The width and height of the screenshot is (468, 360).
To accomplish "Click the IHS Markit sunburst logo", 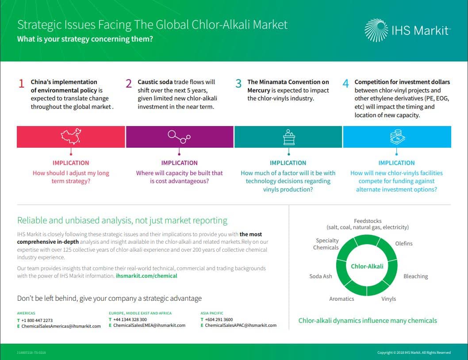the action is [376, 30].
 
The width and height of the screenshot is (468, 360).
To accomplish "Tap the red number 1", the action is [22, 84].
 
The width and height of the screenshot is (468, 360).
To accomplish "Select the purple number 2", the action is [129, 84].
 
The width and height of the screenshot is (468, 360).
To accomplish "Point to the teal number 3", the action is [238, 84].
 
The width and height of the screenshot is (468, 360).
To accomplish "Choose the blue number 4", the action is [345, 84].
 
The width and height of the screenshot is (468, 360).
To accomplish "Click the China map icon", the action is [71, 136].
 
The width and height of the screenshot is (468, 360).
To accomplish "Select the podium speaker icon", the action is [288, 137].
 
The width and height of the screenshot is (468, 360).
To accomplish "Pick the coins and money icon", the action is [397, 137].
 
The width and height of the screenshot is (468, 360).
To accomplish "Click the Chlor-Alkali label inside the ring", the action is [367, 266].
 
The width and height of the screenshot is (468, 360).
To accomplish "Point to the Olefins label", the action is [404, 244].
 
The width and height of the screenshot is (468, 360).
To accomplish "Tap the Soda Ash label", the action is [321, 276].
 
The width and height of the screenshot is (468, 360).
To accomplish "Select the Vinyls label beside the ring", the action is [389, 299].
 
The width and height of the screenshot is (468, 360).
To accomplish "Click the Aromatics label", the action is [341, 299].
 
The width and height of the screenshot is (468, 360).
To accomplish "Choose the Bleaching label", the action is [415, 276].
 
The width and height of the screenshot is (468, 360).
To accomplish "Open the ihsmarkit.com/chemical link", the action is [146, 276].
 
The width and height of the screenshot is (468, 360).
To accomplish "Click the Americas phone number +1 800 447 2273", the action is [37, 320].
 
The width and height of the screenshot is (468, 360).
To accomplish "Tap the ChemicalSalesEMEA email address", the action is [149, 326].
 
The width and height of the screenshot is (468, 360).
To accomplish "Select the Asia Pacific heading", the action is [212, 313].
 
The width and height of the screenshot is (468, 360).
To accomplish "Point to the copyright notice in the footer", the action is [414, 352].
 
